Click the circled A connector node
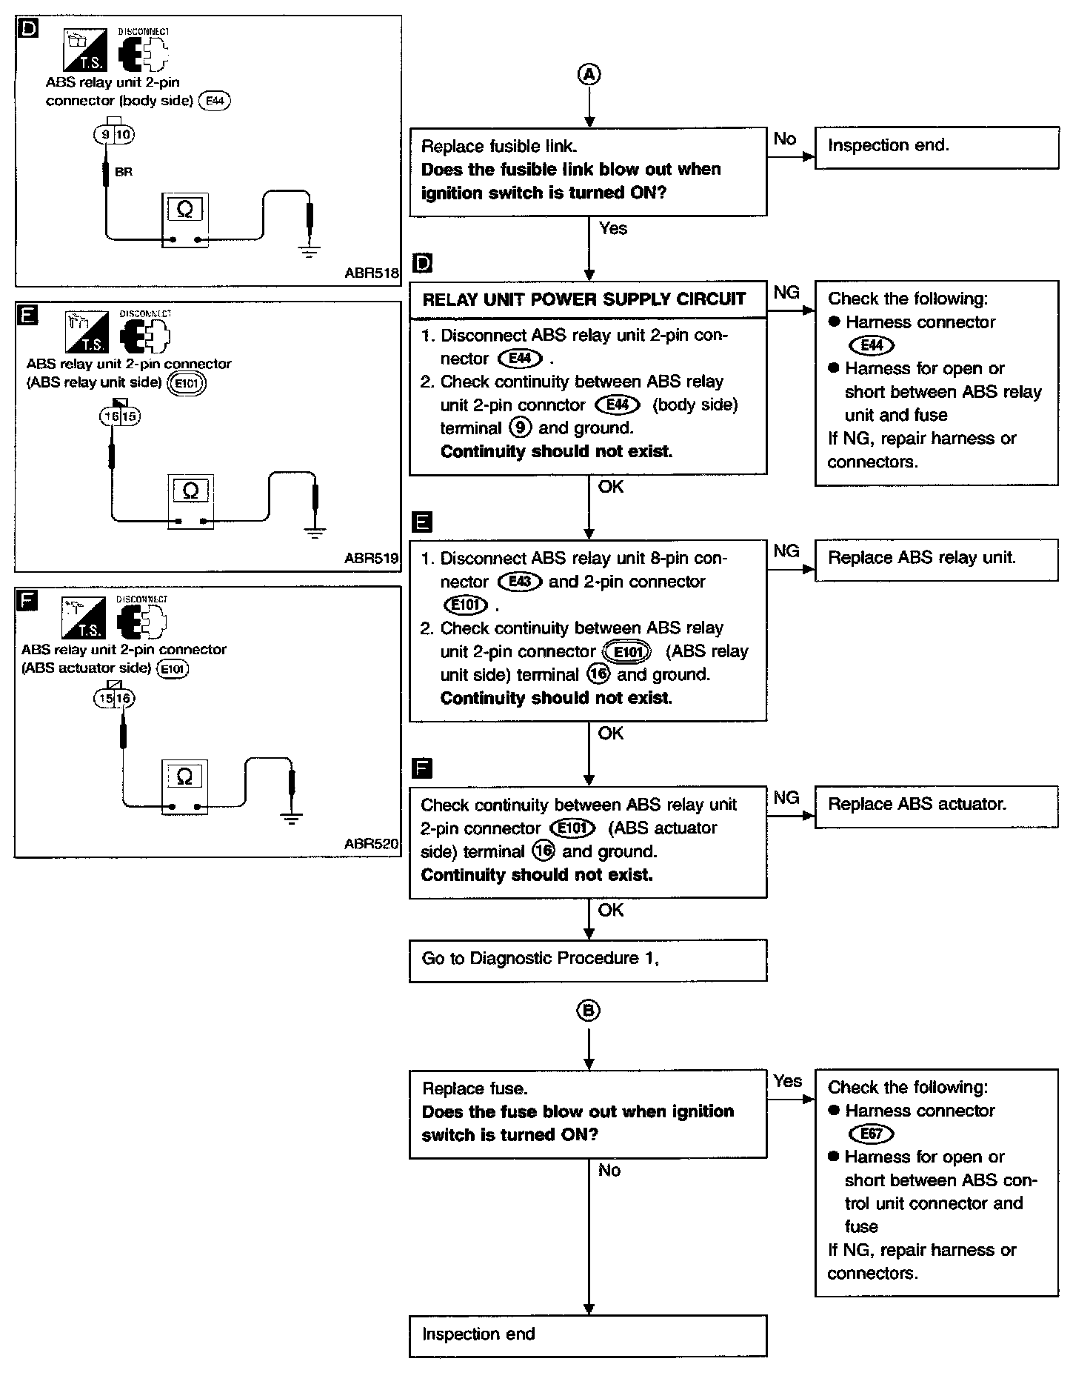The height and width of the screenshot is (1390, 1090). click(x=589, y=74)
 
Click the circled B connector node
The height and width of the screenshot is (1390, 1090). click(x=589, y=1011)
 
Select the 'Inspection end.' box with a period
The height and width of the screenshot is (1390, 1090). click(x=936, y=147)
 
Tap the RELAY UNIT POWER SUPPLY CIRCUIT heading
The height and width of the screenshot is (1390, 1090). click(x=584, y=299)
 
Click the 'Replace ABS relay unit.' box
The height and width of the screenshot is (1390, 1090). click(x=936, y=559)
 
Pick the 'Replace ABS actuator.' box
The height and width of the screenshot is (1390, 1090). click(x=936, y=805)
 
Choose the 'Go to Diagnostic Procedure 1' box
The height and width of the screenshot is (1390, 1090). click(x=588, y=960)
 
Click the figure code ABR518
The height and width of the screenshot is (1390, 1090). click(x=371, y=273)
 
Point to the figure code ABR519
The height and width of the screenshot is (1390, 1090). click(x=371, y=559)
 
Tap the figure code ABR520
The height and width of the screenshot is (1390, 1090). click(x=371, y=844)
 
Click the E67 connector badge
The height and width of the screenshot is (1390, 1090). click(x=872, y=1134)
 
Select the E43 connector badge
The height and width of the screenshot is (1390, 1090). click(x=521, y=582)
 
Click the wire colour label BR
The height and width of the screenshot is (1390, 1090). click(x=124, y=172)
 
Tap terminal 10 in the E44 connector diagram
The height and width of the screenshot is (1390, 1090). click(x=124, y=135)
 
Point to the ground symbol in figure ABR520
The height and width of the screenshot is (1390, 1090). click(x=292, y=819)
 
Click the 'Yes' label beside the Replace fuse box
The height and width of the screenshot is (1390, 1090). click(x=787, y=1081)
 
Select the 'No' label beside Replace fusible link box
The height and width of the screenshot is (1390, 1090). click(x=785, y=139)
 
